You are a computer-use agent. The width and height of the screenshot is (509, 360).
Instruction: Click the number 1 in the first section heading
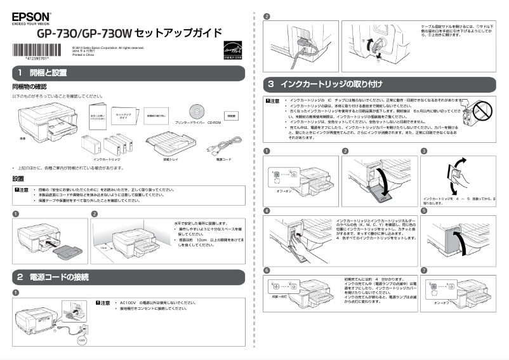click(21, 73)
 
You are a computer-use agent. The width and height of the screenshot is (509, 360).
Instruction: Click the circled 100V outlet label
click(81, 340)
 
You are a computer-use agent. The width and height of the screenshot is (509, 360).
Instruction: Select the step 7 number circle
click(424, 270)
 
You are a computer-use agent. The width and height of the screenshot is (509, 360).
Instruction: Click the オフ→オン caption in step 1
click(284, 189)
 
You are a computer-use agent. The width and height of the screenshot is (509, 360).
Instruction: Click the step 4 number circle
click(267, 210)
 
